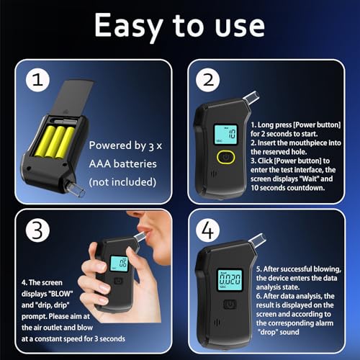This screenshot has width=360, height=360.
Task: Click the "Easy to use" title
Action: (179, 26)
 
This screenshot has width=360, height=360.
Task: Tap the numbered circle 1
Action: (37, 80)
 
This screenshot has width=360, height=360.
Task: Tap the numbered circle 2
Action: (208, 80)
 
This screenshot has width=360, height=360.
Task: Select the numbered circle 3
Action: (37, 230)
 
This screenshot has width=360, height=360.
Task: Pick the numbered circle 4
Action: (208, 230)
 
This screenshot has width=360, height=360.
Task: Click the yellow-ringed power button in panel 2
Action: (226, 157)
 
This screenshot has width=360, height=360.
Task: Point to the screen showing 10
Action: (225, 135)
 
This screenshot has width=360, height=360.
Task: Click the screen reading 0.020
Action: (230, 280)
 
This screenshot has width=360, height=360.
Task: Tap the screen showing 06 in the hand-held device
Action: (119, 264)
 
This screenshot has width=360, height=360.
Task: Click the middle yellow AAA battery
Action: (55, 142)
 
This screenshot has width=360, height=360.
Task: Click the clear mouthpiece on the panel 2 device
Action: (251, 99)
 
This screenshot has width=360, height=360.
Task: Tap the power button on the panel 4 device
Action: (230, 305)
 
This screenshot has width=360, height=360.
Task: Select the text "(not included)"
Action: (122, 182)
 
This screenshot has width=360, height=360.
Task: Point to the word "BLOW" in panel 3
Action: (60, 294)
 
